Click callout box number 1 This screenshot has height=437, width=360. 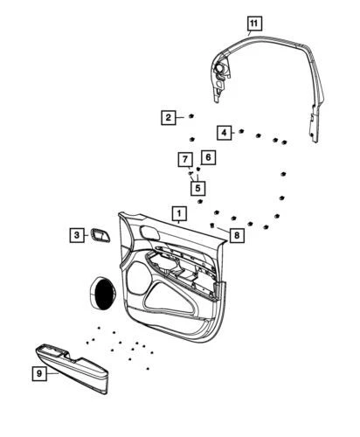[179, 214]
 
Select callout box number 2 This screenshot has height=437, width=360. [169, 118]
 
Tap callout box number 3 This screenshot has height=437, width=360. [77, 235]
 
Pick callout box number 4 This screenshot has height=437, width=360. [224, 133]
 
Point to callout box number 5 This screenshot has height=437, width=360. [198, 188]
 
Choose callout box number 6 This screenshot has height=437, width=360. [208, 157]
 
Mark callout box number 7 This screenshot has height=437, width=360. [185, 160]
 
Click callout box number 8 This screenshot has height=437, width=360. [237, 235]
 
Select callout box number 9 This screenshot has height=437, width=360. [39, 373]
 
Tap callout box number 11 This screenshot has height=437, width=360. [254, 24]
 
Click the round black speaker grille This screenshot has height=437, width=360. [103, 293]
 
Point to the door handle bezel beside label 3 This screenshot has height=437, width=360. [100, 235]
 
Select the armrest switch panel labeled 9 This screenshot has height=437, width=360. [72, 368]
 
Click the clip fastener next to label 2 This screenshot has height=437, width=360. [191, 116]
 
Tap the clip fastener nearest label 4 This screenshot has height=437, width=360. [241, 131]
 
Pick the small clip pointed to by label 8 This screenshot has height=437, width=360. [212, 225]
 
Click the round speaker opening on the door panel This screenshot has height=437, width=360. [138, 278]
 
